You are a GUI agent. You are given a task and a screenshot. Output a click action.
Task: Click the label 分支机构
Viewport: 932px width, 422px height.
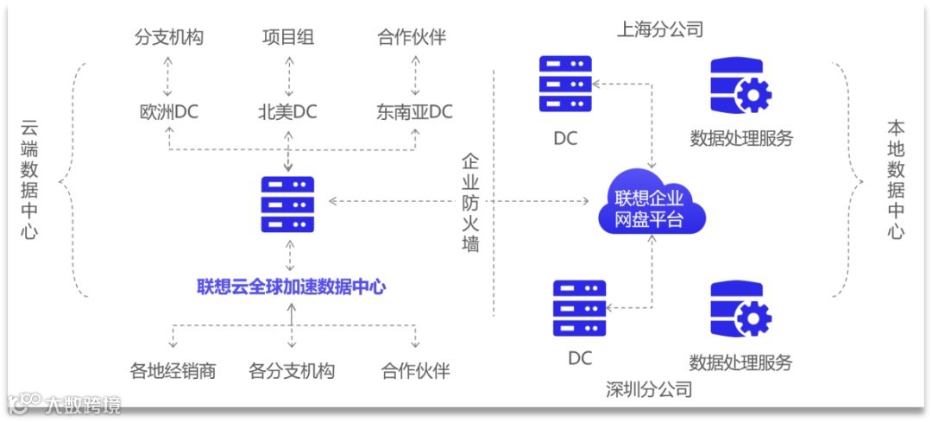click(x=169, y=37)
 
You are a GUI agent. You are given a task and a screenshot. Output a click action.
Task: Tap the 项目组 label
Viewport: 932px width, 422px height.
click(x=288, y=37)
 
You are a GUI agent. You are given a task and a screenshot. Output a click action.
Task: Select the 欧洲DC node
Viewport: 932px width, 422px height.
click(x=169, y=112)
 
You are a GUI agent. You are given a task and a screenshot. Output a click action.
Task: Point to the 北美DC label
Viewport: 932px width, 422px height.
click(x=288, y=112)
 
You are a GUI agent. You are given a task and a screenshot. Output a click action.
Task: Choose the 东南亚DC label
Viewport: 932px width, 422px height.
click(x=414, y=112)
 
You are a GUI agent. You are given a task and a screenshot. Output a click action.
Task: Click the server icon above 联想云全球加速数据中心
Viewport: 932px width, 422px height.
click(x=288, y=204)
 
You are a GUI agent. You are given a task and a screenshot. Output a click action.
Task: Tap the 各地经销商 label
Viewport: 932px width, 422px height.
click(x=173, y=371)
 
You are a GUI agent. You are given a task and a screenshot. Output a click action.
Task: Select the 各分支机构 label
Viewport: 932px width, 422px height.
click(x=292, y=371)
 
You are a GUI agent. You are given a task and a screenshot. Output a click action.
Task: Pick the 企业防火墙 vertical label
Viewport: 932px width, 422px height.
click(x=470, y=204)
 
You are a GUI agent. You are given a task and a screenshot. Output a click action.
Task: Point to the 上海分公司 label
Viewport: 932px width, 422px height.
click(x=660, y=30)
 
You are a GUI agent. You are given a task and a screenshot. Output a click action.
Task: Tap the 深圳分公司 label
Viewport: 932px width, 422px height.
click(x=649, y=389)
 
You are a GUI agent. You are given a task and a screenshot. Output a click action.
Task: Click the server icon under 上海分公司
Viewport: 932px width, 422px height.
click(x=565, y=85)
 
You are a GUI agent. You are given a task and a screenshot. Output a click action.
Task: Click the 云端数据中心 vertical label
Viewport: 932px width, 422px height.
click(x=30, y=180)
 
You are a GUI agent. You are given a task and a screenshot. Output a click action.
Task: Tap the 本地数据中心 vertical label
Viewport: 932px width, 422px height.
click(x=897, y=180)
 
